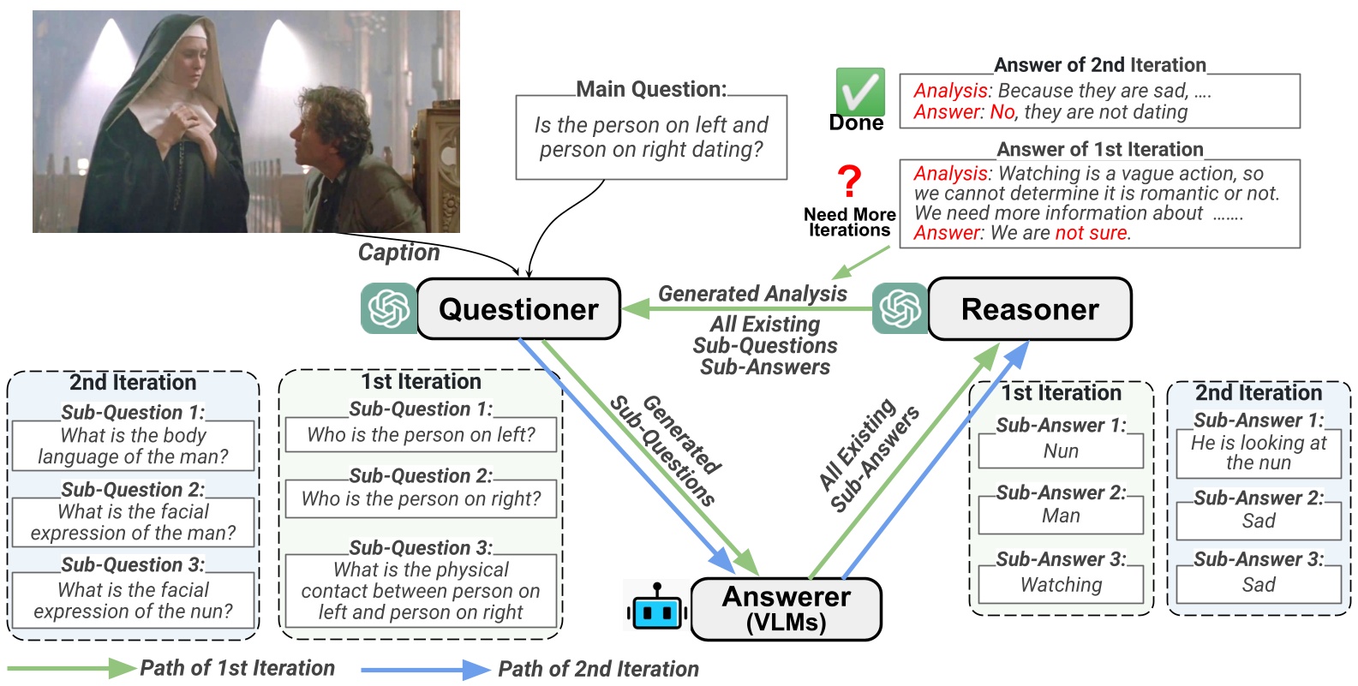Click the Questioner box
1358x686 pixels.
pyautogui.click(x=518, y=309)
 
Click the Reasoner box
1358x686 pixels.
pyautogui.click(x=1029, y=309)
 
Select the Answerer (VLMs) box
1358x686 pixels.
pyautogui.click(x=786, y=609)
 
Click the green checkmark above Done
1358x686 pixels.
pyautogui.click(x=859, y=92)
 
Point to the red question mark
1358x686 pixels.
pyautogui.click(x=849, y=182)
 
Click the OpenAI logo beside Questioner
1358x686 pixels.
pyautogui.click(x=389, y=308)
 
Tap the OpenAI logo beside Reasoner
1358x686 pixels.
pyautogui.click(x=900, y=308)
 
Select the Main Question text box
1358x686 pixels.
pyautogui.click(x=651, y=137)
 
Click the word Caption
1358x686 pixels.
pyautogui.click(x=398, y=252)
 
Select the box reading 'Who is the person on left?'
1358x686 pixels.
pyautogui.click(x=421, y=435)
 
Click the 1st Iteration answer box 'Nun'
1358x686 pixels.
pyautogui.click(x=1061, y=451)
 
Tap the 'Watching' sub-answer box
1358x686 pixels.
pyautogui.click(x=1061, y=585)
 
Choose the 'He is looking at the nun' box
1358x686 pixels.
pyautogui.click(x=1258, y=453)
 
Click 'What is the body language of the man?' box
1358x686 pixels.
pyautogui.click(x=133, y=445)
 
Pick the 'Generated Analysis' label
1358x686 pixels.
pyautogui.click(x=752, y=294)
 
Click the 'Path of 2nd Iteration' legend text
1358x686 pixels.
pyautogui.click(x=598, y=669)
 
